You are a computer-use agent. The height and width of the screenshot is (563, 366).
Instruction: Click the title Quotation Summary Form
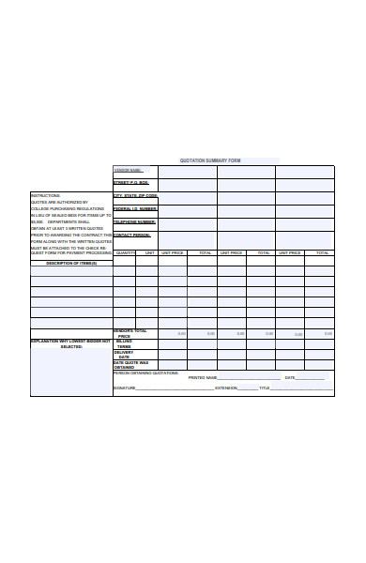[223, 160]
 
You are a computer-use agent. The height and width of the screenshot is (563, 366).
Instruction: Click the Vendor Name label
[128, 171]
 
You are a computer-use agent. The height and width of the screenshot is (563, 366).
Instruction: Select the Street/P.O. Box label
[131, 183]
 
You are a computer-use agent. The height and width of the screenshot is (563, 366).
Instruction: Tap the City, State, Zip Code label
[135, 196]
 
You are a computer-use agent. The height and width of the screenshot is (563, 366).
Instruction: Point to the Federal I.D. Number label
[135, 209]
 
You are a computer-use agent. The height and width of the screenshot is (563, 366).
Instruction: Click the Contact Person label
[131, 236]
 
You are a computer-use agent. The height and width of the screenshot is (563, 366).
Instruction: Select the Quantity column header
[125, 253]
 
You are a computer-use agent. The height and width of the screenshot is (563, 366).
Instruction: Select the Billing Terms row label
[125, 344]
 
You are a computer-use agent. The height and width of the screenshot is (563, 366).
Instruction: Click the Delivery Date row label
[125, 355]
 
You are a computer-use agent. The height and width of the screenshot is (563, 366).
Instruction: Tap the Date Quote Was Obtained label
[130, 365]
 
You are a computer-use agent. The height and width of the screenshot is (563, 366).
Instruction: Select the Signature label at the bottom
[125, 388]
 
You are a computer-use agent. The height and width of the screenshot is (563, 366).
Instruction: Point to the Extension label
[226, 388]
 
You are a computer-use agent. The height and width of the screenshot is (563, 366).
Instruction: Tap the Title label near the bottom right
[265, 388]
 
